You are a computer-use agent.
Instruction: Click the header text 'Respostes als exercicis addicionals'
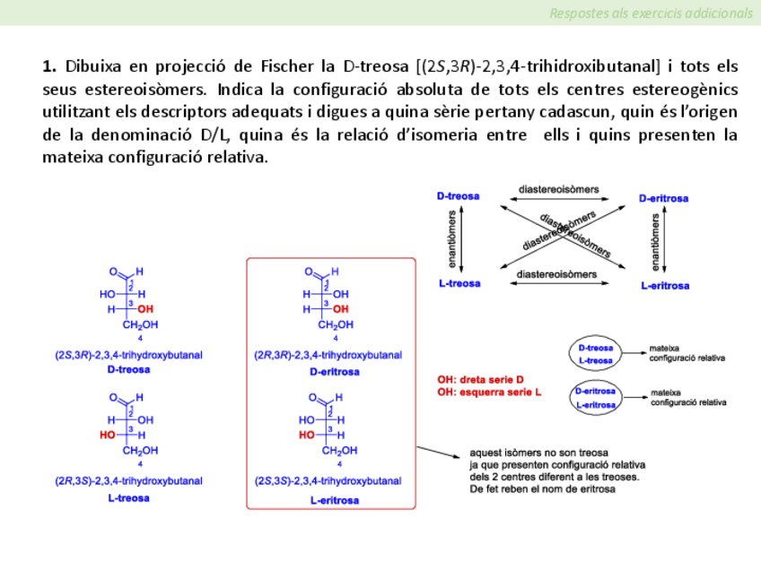651,13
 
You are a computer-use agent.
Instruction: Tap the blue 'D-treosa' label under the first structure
128,369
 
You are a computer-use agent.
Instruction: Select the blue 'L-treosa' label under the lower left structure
128,497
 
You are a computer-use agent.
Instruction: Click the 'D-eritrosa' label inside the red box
334,371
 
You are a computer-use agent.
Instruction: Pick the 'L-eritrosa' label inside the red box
334,500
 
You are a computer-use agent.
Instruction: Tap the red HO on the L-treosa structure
108,436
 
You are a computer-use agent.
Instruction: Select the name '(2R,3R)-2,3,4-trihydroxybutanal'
328,355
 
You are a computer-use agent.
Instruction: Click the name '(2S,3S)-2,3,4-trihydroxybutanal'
328,482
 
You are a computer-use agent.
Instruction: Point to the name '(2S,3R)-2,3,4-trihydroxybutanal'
128,355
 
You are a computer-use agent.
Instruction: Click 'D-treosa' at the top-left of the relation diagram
458,196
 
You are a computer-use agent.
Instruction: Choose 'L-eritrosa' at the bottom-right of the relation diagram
665,286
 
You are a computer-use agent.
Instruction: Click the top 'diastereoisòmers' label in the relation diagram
559,189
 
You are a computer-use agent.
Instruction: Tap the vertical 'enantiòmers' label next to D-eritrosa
656,241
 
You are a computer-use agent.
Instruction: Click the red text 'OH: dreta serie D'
480,379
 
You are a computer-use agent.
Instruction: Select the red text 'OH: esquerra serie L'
489,392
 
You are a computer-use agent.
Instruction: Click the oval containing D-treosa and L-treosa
596,354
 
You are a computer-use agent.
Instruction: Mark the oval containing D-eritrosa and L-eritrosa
596,398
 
